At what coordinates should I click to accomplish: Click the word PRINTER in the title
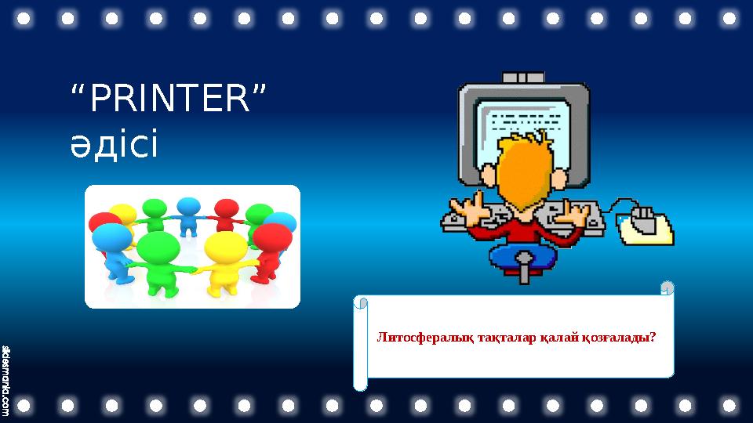click(x=166, y=101)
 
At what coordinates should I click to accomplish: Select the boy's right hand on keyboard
click(x=577, y=211)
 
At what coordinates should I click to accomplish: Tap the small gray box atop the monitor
click(x=522, y=77)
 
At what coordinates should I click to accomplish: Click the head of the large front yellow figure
click(x=224, y=247)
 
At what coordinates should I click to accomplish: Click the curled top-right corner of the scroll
click(x=667, y=288)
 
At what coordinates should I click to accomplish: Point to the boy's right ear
click(x=559, y=178)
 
